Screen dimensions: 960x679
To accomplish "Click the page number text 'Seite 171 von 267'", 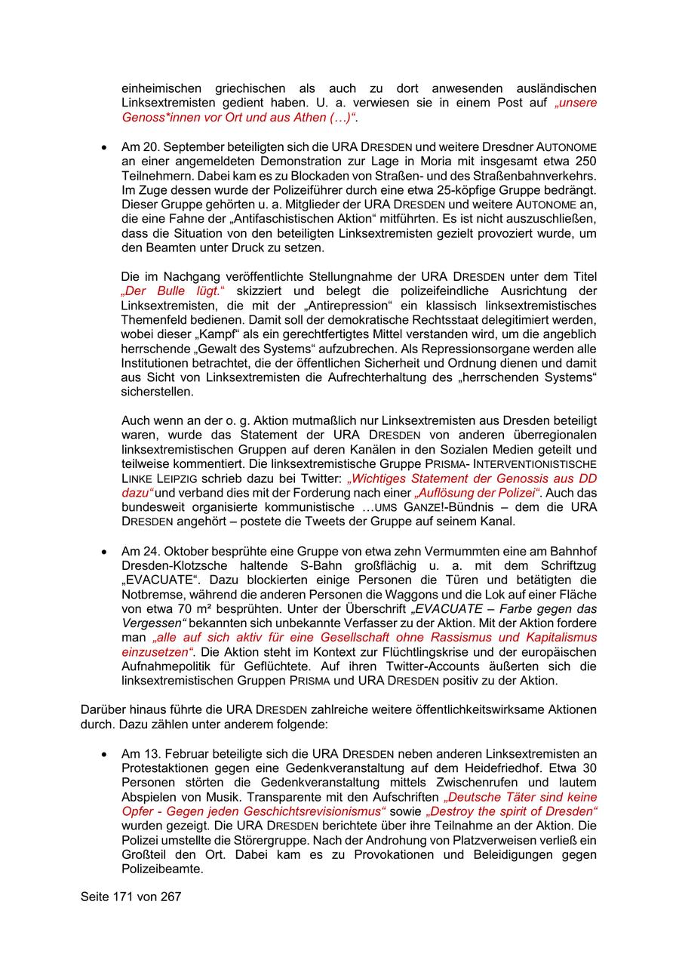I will pyautogui.click(x=131, y=897).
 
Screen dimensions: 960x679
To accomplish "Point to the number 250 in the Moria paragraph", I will pyautogui.click(x=585, y=161).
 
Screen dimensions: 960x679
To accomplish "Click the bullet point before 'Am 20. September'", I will pyautogui.click(x=104, y=147).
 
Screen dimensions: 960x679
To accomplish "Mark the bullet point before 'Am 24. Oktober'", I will pyautogui.click(x=104, y=551).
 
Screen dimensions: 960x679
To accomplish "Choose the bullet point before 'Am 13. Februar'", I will pyautogui.click(x=104, y=754).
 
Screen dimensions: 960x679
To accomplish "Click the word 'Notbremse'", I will pyautogui.click(x=149, y=594).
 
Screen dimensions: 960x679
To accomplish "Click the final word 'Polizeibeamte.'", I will pyautogui.click(x=162, y=869).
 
